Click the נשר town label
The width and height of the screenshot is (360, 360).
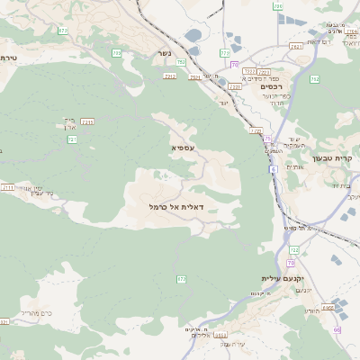pyautogui.click(x=163, y=53)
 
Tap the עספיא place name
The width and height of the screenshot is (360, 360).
pyautogui.click(x=182, y=146)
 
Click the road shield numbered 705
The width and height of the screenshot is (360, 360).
pyautogui.click(x=182, y=62)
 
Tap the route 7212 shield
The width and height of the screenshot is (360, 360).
pyautogui.click(x=170, y=76)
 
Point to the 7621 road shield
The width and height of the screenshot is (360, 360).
pyautogui.click(x=296, y=46)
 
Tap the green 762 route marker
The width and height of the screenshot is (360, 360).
pyautogui.click(x=314, y=79)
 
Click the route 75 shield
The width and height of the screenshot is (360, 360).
pyautogui.click(x=267, y=138)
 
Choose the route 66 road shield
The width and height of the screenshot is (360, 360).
pyautogui.click(x=337, y=329)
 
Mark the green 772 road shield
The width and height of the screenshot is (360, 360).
pyautogui.click(x=182, y=280)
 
